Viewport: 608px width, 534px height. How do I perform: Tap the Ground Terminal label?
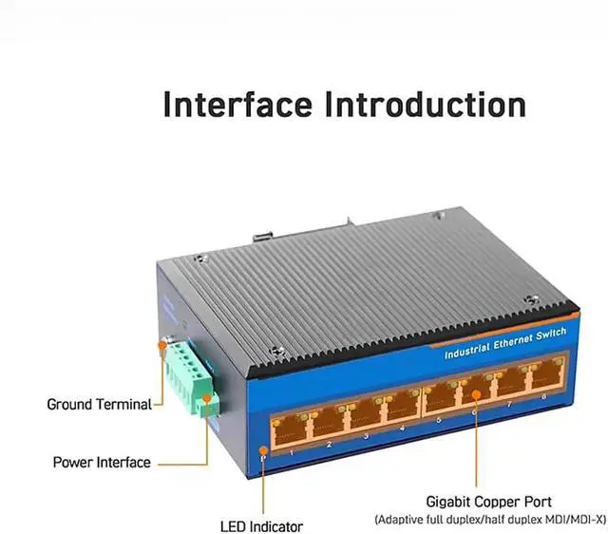coord(99,404)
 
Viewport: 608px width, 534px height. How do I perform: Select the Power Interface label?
coord(102,463)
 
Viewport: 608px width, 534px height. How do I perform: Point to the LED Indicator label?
coord(261,525)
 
